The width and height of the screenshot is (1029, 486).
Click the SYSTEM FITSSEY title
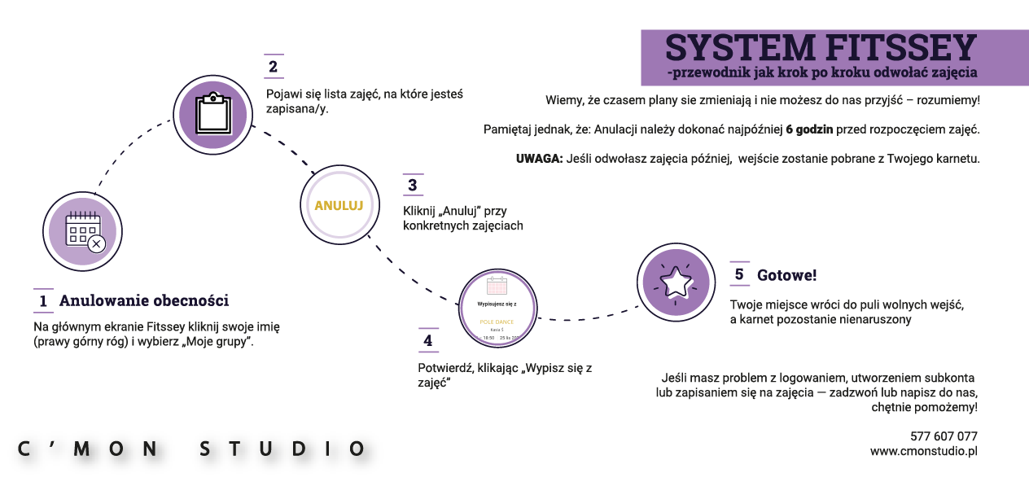821,48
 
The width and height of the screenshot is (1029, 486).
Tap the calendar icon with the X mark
82,231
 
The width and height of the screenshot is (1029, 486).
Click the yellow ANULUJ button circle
338,205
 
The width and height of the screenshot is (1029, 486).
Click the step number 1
43,301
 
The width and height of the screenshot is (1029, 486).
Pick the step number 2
273,67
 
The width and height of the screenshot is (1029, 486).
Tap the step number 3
413,186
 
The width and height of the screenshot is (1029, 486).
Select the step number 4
428,341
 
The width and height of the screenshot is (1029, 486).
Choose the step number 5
739,274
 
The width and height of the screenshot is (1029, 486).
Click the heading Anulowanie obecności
143,301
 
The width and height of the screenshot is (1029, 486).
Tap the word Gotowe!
786,276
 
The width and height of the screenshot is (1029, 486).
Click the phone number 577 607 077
944,436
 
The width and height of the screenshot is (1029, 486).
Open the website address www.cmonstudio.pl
923,451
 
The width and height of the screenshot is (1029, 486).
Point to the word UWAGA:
539,159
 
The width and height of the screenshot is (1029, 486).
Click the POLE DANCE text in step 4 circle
497,322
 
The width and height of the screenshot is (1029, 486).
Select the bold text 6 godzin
808,129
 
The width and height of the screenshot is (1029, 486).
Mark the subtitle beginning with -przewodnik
821,73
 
